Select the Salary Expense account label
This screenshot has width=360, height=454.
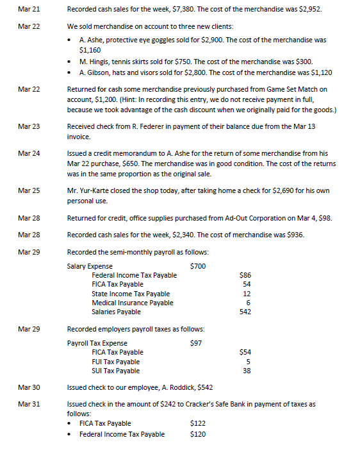pyautogui.click(x=90, y=266)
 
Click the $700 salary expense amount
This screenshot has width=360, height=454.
pyautogui.click(x=198, y=266)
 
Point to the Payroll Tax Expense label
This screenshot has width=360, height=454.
pyautogui.click(x=97, y=343)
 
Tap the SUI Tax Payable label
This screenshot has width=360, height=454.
pyautogui.click(x=116, y=371)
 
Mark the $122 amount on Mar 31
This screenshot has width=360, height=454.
pyautogui.click(x=198, y=423)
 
